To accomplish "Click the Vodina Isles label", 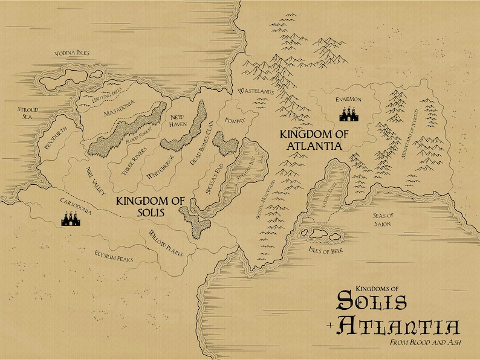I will coord(72,53).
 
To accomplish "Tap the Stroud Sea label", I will coord(27,113).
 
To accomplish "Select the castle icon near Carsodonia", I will coord(71,220).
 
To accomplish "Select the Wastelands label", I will coord(257,92).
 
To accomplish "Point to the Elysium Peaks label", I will coord(114,257).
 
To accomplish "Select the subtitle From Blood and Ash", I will coord(417,342).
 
